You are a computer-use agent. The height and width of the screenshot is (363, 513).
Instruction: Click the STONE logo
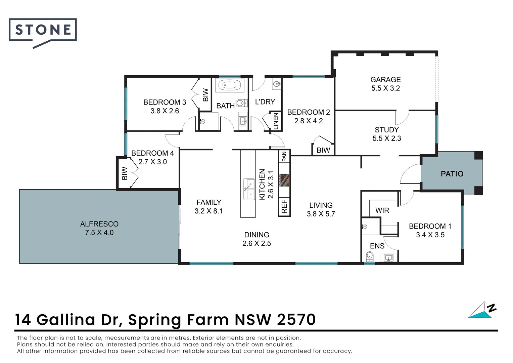pos(43,30)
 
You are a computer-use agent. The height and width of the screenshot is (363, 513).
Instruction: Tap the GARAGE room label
pos(385,80)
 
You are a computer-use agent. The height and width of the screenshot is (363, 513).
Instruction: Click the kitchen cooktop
pos(284,180)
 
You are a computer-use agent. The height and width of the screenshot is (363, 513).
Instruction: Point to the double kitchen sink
pos(249,189)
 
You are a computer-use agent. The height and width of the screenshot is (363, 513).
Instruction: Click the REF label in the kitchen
pos(284,206)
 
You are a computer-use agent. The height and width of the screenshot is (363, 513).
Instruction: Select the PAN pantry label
pos(284,156)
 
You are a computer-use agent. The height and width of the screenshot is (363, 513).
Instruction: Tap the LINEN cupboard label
pos(276,121)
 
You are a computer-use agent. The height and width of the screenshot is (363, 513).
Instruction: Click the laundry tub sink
pos(277,84)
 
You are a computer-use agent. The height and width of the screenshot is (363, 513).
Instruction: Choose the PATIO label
pos(452,174)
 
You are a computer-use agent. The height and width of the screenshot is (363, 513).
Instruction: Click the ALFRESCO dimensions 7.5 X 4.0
pos(99,233)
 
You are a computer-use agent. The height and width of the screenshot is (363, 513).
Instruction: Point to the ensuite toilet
pos(369,257)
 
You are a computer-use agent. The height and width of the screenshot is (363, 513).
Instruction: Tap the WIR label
pos(382,210)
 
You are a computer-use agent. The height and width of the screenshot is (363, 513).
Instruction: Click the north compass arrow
pos(482,310)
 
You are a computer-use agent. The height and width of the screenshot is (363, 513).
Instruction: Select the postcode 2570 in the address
pos(296,320)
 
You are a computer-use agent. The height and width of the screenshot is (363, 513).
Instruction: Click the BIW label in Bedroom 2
pos(323,150)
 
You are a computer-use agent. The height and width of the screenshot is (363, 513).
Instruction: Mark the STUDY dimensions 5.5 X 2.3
pos(387,138)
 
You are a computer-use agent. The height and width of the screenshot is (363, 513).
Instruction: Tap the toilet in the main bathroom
pos(241,103)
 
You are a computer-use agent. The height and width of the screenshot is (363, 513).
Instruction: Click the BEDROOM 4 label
pos(152,153)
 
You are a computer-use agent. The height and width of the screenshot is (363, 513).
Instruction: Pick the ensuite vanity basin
pos(389,258)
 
